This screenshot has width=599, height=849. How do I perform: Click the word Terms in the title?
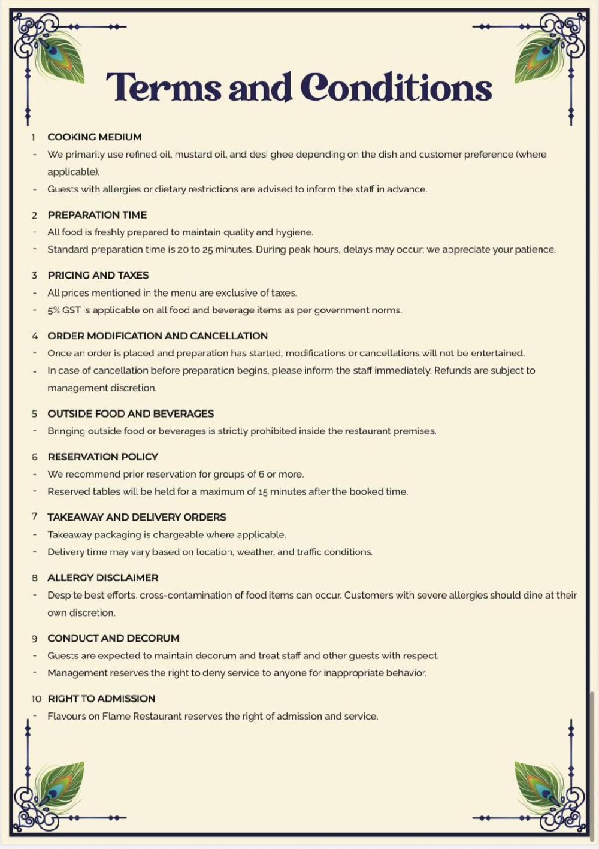click(x=164, y=87)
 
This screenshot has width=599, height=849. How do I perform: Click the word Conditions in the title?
click(x=396, y=87)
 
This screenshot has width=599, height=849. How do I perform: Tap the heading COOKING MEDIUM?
click(x=95, y=137)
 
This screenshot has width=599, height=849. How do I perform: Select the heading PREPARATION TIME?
click(x=97, y=215)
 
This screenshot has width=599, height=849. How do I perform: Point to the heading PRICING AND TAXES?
click(x=98, y=276)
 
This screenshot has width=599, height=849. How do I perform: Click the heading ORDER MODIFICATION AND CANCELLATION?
click(x=158, y=336)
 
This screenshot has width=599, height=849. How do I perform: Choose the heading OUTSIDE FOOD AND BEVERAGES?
click(x=131, y=414)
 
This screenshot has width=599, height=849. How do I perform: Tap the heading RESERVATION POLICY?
click(x=103, y=457)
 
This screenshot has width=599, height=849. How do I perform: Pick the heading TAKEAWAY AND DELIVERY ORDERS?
click(x=137, y=518)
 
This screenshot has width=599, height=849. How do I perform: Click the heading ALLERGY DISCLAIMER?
click(x=103, y=578)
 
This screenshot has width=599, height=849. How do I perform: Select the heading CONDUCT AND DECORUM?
click(x=113, y=639)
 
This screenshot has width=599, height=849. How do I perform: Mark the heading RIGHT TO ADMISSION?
click(x=101, y=699)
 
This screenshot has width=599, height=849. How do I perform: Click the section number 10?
click(x=37, y=699)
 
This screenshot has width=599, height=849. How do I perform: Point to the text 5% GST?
click(x=64, y=310)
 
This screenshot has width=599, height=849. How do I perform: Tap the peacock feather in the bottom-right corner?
click(x=539, y=785)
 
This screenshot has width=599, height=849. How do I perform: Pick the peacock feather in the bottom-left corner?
click(x=59, y=785)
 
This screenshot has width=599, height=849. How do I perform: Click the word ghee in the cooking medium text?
click(x=282, y=155)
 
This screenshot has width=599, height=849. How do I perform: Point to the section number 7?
click(x=35, y=517)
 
